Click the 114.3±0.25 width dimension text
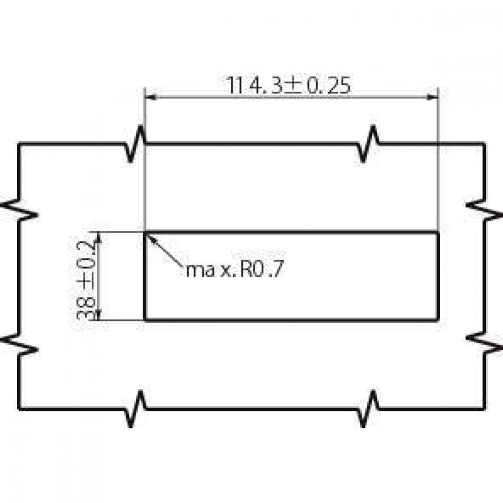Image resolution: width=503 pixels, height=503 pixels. tap(289, 86)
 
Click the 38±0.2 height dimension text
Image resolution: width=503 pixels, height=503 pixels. tap(86, 280)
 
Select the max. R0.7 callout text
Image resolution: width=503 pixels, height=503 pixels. tap(235, 270)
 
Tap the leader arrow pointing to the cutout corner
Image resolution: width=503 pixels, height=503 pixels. tap(164, 250)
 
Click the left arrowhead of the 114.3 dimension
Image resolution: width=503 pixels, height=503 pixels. tap(151, 97)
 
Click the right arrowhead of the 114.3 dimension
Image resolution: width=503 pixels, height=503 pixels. tap(433, 97)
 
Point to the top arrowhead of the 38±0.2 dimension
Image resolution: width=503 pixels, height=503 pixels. tap(99, 237)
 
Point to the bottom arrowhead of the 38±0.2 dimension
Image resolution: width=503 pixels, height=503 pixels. tap(99, 315)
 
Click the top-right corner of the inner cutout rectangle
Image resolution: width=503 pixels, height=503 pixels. tap(438, 232)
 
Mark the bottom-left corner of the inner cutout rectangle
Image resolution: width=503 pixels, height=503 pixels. tap(145, 320)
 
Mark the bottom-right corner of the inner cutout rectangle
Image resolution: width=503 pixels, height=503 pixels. tap(438, 320)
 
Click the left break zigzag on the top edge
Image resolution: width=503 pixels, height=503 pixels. tap(135, 144)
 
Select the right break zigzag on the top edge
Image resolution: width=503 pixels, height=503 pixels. tap(368, 144)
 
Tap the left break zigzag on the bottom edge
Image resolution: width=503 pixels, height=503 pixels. tap(135, 409)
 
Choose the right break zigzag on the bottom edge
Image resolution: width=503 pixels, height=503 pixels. tap(368, 409)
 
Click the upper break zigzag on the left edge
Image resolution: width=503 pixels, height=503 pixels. tap(19, 209)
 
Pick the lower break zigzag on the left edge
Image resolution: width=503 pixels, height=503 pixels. tap(19, 344)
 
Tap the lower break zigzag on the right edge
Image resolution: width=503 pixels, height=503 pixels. tap(484, 344)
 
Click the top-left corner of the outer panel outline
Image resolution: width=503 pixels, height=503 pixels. tap(19, 144)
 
